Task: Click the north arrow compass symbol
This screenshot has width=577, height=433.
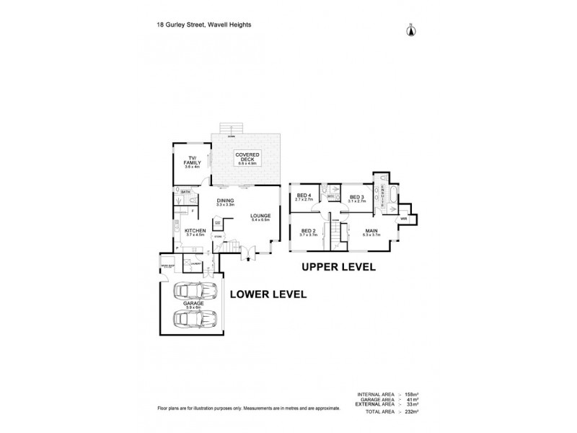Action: coord(411,30)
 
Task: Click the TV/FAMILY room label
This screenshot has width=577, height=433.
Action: coord(192,162)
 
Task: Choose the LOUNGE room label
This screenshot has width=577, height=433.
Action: coord(260,216)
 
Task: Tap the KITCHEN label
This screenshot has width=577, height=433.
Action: coord(195,231)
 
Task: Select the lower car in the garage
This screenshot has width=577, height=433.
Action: coord(193,318)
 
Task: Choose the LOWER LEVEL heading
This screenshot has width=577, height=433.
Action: coord(268,294)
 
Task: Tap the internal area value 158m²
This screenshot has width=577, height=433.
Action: coord(412,393)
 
